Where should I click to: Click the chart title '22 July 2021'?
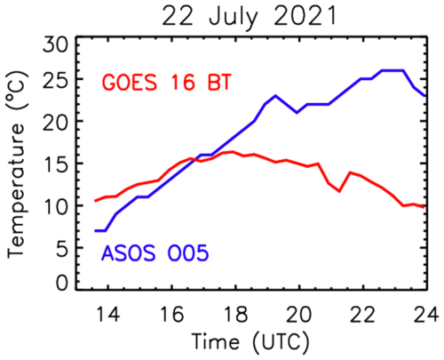click(x=251, y=16)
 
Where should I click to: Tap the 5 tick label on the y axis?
click(x=61, y=245)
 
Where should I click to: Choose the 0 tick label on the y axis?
click(x=61, y=283)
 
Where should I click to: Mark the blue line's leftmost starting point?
click(x=95, y=230)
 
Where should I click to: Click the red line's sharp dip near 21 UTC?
click(x=339, y=191)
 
